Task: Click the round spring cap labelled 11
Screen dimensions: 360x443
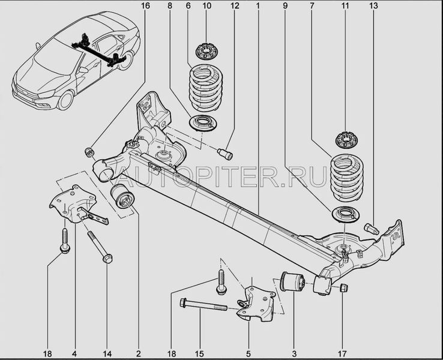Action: click(x=345, y=140)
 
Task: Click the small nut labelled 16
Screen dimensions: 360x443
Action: click(x=90, y=150)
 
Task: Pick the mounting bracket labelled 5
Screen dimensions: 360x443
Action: click(x=255, y=303)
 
